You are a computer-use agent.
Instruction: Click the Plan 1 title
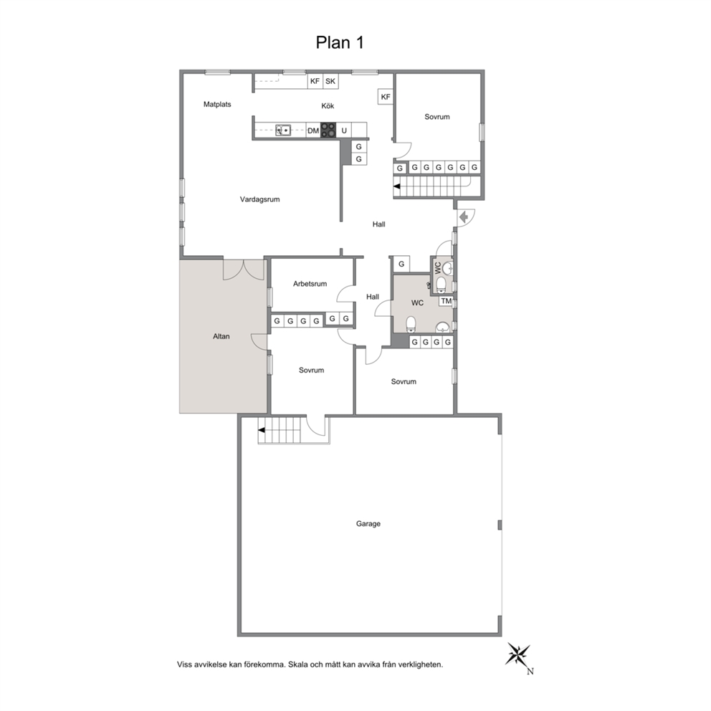[x=340, y=42]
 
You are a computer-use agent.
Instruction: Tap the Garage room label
[x=368, y=524]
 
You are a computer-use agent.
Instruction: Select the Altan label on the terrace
[x=221, y=336]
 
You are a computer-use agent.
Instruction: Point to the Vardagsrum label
[x=260, y=199]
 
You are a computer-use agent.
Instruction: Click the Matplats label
[x=217, y=105]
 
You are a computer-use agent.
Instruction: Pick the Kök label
[x=328, y=105]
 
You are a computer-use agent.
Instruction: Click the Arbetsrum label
[x=310, y=284]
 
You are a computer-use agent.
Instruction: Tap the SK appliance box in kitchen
[x=330, y=81]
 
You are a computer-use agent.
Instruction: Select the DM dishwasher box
[x=313, y=130]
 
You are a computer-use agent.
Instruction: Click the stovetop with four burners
[x=329, y=130]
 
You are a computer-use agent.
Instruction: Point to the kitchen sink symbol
[x=283, y=130]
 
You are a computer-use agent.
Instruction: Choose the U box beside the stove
[x=344, y=130]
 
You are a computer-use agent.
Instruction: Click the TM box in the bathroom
[x=447, y=301]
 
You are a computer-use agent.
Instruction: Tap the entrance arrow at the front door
[x=464, y=218]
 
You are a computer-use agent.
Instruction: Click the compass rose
[x=518, y=655]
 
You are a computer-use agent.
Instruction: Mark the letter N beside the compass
[x=530, y=672]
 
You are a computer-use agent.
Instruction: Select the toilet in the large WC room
[x=411, y=324]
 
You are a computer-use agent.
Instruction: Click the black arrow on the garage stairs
[x=261, y=430]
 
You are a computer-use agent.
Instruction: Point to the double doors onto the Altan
[x=244, y=269]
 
